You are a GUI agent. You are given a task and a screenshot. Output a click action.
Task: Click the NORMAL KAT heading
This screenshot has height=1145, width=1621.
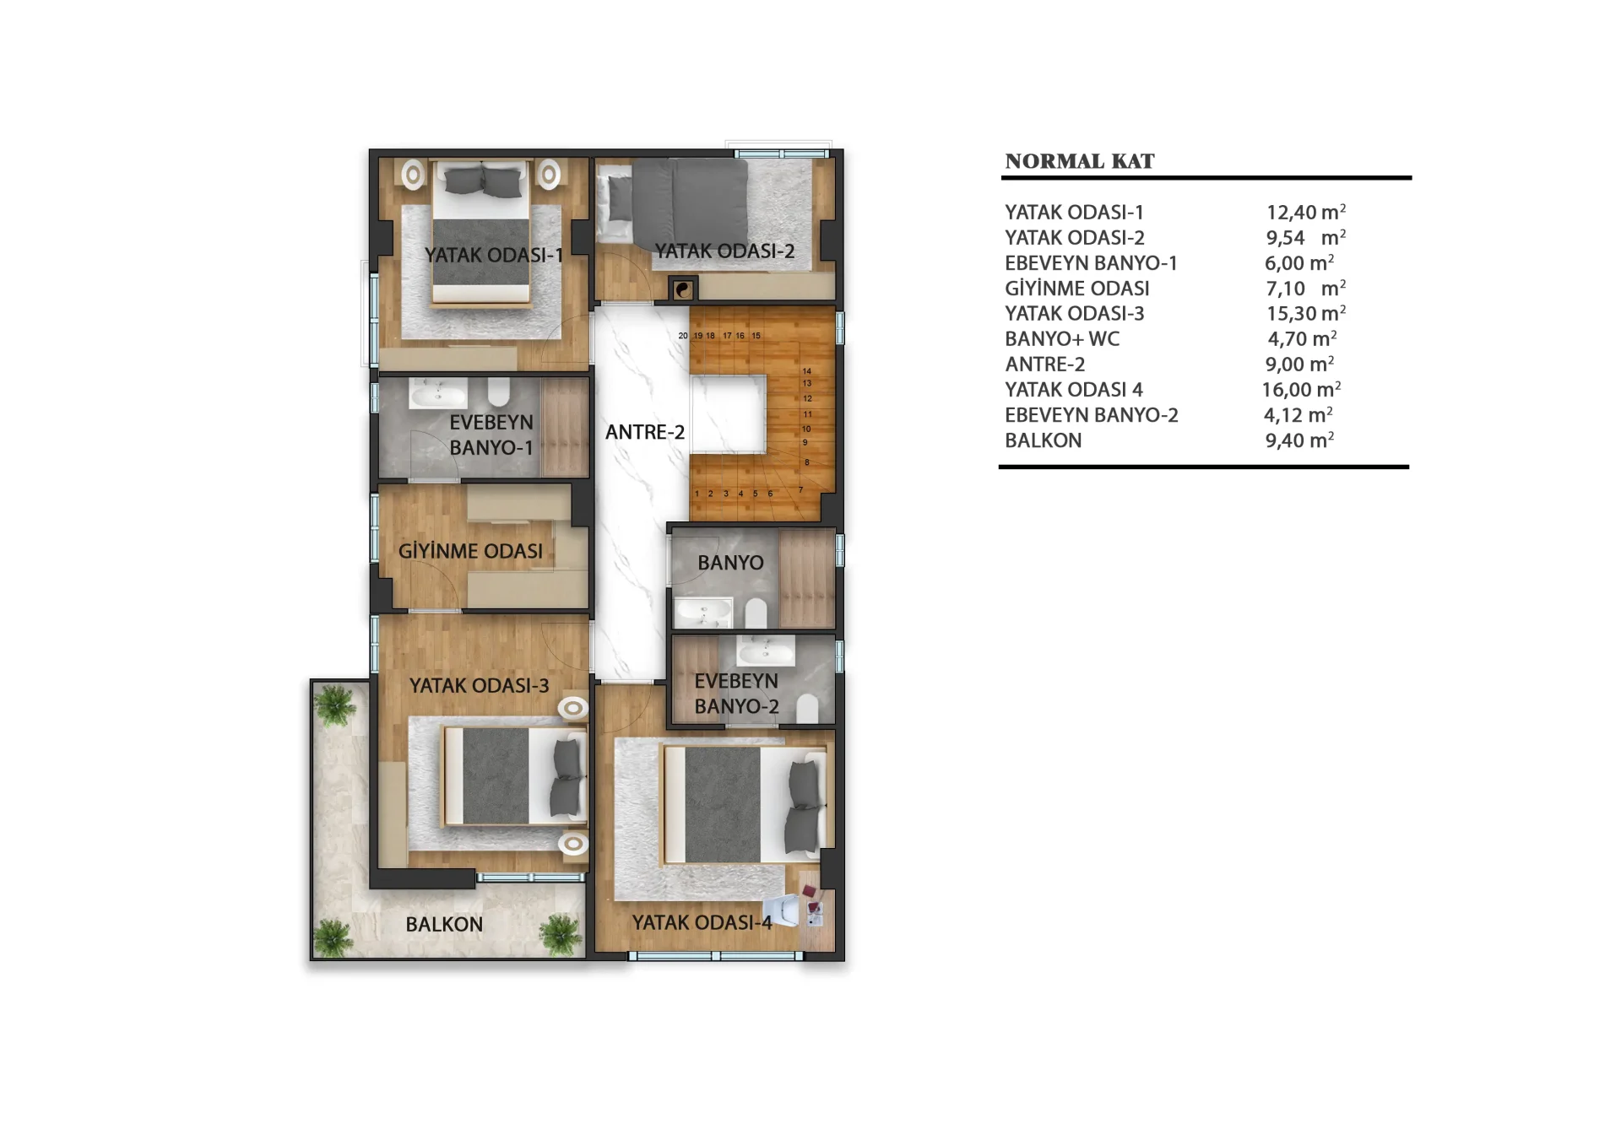point(1079,161)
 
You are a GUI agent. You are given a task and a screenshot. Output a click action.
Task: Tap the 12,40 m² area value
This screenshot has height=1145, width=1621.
point(1305,213)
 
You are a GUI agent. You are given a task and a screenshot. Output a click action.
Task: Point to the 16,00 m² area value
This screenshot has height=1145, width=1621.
point(1301,390)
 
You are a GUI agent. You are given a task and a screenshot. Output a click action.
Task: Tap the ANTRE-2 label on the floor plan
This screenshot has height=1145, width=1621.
point(645,432)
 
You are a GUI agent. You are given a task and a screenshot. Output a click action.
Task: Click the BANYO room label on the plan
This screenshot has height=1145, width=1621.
point(730,563)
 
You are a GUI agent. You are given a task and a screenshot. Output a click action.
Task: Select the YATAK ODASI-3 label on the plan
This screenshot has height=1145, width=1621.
point(479,685)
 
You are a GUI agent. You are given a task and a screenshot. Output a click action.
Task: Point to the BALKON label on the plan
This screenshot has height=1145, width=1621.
point(444,925)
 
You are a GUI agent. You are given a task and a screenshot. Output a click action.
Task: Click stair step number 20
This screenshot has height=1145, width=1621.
point(683,336)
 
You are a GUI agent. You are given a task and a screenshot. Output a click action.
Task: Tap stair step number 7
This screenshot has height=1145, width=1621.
point(800,489)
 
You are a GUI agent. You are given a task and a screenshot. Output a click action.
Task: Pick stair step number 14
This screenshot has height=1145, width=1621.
point(807,371)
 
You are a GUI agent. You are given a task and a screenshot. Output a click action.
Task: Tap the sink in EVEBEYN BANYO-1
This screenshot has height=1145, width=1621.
point(437,394)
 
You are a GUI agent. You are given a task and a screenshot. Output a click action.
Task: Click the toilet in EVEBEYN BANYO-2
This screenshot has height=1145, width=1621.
point(807,708)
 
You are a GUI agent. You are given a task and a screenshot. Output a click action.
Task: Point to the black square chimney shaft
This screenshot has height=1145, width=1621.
point(683,289)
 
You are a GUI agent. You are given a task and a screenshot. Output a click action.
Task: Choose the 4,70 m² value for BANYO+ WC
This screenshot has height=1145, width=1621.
point(1302,339)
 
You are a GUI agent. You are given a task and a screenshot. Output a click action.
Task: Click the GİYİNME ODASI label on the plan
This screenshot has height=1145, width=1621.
point(470,551)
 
